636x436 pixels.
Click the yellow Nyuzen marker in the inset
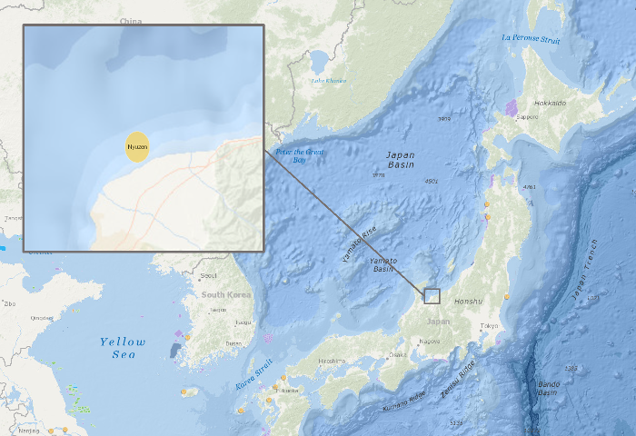[137, 146]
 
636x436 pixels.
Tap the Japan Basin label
[400, 160]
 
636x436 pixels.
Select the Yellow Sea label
[123, 348]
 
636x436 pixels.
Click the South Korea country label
[226, 295]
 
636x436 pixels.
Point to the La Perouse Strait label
[531, 39]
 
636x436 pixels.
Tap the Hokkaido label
[550, 104]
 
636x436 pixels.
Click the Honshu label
[468, 301]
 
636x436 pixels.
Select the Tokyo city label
[490, 325]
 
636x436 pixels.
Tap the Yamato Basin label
[383, 264]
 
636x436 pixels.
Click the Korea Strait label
[254, 374]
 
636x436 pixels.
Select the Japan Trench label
[585, 271]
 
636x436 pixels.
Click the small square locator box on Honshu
[432, 296]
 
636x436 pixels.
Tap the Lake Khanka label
[329, 81]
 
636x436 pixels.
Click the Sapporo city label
[528, 116]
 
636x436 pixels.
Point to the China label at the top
[131, 20]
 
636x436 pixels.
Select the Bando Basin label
[547, 388]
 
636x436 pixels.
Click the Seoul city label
[208, 275]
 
